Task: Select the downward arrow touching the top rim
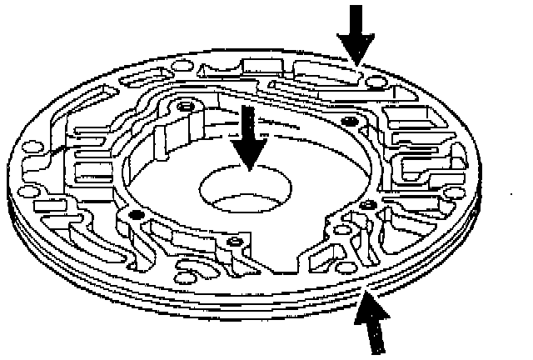click(356, 33)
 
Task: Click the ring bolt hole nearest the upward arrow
click(365, 204)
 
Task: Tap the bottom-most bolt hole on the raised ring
click(237, 242)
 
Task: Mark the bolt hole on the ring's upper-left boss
click(187, 107)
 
